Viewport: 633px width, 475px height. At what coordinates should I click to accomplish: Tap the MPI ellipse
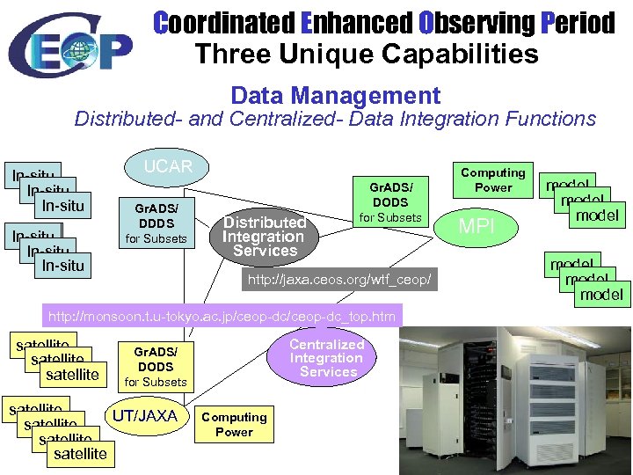pyautogui.click(x=477, y=225)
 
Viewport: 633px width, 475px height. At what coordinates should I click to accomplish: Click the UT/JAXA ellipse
pyautogui.click(x=146, y=416)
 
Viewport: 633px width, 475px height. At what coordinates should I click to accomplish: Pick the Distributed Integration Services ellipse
pyautogui.click(x=264, y=237)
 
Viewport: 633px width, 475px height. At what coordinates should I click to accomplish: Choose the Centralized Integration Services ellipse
pyautogui.click(x=326, y=358)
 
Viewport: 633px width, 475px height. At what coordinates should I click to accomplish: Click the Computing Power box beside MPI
pyautogui.click(x=492, y=180)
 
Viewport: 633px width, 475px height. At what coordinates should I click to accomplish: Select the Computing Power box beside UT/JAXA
pyautogui.click(x=234, y=424)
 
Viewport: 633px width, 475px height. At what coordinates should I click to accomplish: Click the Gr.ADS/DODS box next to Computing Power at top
pyautogui.click(x=390, y=202)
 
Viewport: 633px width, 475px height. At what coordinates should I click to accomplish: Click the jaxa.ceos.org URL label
pyautogui.click(x=338, y=280)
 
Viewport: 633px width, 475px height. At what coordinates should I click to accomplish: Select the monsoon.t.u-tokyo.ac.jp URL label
pyautogui.click(x=222, y=316)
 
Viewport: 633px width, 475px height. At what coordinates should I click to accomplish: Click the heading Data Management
pyautogui.click(x=335, y=95)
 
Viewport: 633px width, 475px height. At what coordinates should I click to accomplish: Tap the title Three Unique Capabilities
pyautogui.click(x=367, y=54)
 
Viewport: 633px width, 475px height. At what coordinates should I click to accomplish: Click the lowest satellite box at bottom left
pyautogui.click(x=79, y=454)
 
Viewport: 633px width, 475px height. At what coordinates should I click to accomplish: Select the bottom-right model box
pyautogui.click(x=600, y=294)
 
